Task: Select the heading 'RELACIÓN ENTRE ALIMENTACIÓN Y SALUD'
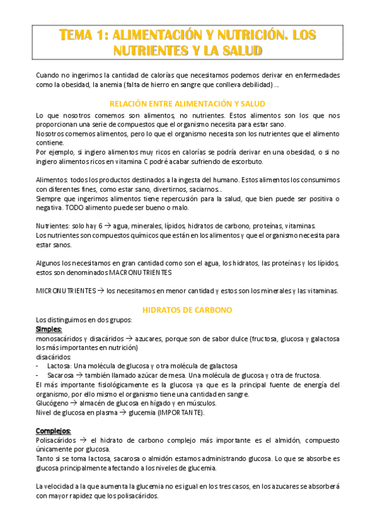tap(187, 103)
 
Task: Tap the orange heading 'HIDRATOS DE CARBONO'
tap(187, 309)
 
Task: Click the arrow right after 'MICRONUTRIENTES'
tap(100, 291)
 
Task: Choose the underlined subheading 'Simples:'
tap(49, 329)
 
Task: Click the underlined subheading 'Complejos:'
tap(53, 431)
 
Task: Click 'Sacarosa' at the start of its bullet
tap(60, 375)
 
